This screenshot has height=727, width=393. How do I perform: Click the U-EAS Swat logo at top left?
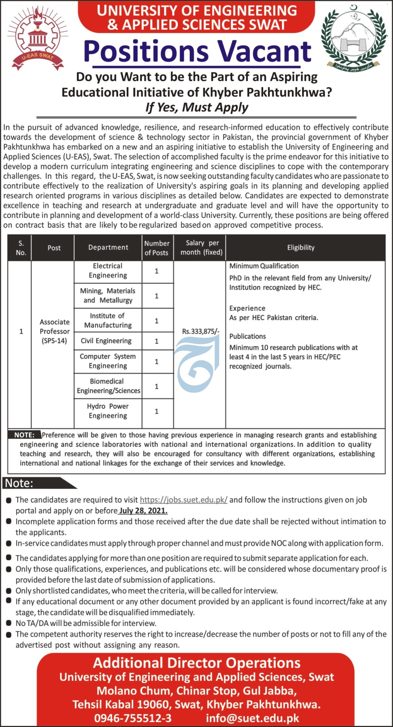[x=37, y=39]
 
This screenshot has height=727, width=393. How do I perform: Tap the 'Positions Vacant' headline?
[x=197, y=52]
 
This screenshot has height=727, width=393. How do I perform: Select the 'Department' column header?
[x=108, y=248]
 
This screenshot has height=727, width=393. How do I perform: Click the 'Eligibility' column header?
[x=301, y=248]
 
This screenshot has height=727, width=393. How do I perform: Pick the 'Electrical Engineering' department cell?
[x=108, y=271]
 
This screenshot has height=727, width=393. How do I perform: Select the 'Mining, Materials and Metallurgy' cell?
[x=108, y=295]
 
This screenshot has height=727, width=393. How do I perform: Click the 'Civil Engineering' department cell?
[x=106, y=341]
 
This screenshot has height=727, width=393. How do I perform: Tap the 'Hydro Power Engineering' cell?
[x=108, y=411]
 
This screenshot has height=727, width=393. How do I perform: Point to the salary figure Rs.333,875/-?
[x=200, y=331]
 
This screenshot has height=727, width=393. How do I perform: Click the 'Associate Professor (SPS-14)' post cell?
[x=54, y=331]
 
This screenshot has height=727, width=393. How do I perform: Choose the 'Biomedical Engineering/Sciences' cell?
[x=108, y=386]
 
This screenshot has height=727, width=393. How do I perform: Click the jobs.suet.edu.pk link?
[x=183, y=500]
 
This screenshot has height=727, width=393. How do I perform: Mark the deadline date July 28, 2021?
[x=143, y=511]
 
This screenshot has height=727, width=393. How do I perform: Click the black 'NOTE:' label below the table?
[x=24, y=435]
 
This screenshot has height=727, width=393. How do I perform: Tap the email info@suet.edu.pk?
[x=252, y=718]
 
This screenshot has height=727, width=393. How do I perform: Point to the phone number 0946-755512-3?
[x=133, y=718]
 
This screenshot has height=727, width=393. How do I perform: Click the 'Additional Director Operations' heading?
[x=196, y=663]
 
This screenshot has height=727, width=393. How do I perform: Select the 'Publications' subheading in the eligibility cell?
[x=247, y=336]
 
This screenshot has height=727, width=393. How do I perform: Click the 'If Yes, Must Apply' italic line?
[x=196, y=107]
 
